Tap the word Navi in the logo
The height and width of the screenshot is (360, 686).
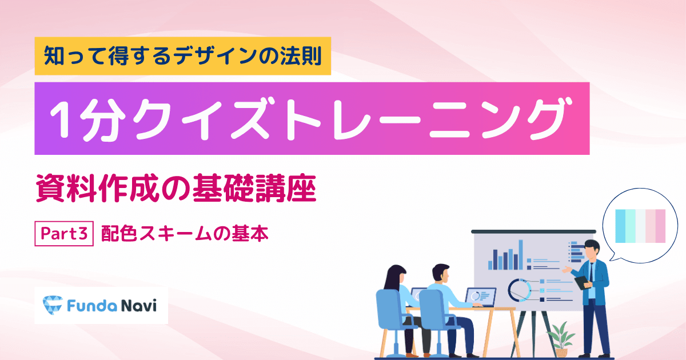(x=139, y=306)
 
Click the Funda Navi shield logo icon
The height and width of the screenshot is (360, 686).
(x=53, y=305)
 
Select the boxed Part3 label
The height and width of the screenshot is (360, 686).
(x=64, y=234)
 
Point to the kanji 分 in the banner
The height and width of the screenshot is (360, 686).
(x=101, y=119)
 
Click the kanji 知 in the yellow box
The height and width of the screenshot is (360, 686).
(x=54, y=56)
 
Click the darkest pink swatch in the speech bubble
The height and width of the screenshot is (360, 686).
(x=661, y=226)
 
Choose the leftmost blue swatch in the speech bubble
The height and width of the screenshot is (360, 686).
(x=620, y=226)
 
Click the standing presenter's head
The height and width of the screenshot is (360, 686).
(x=592, y=250)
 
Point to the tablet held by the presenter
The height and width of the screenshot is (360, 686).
(x=581, y=283)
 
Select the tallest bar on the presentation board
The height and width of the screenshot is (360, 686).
(x=520, y=255)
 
